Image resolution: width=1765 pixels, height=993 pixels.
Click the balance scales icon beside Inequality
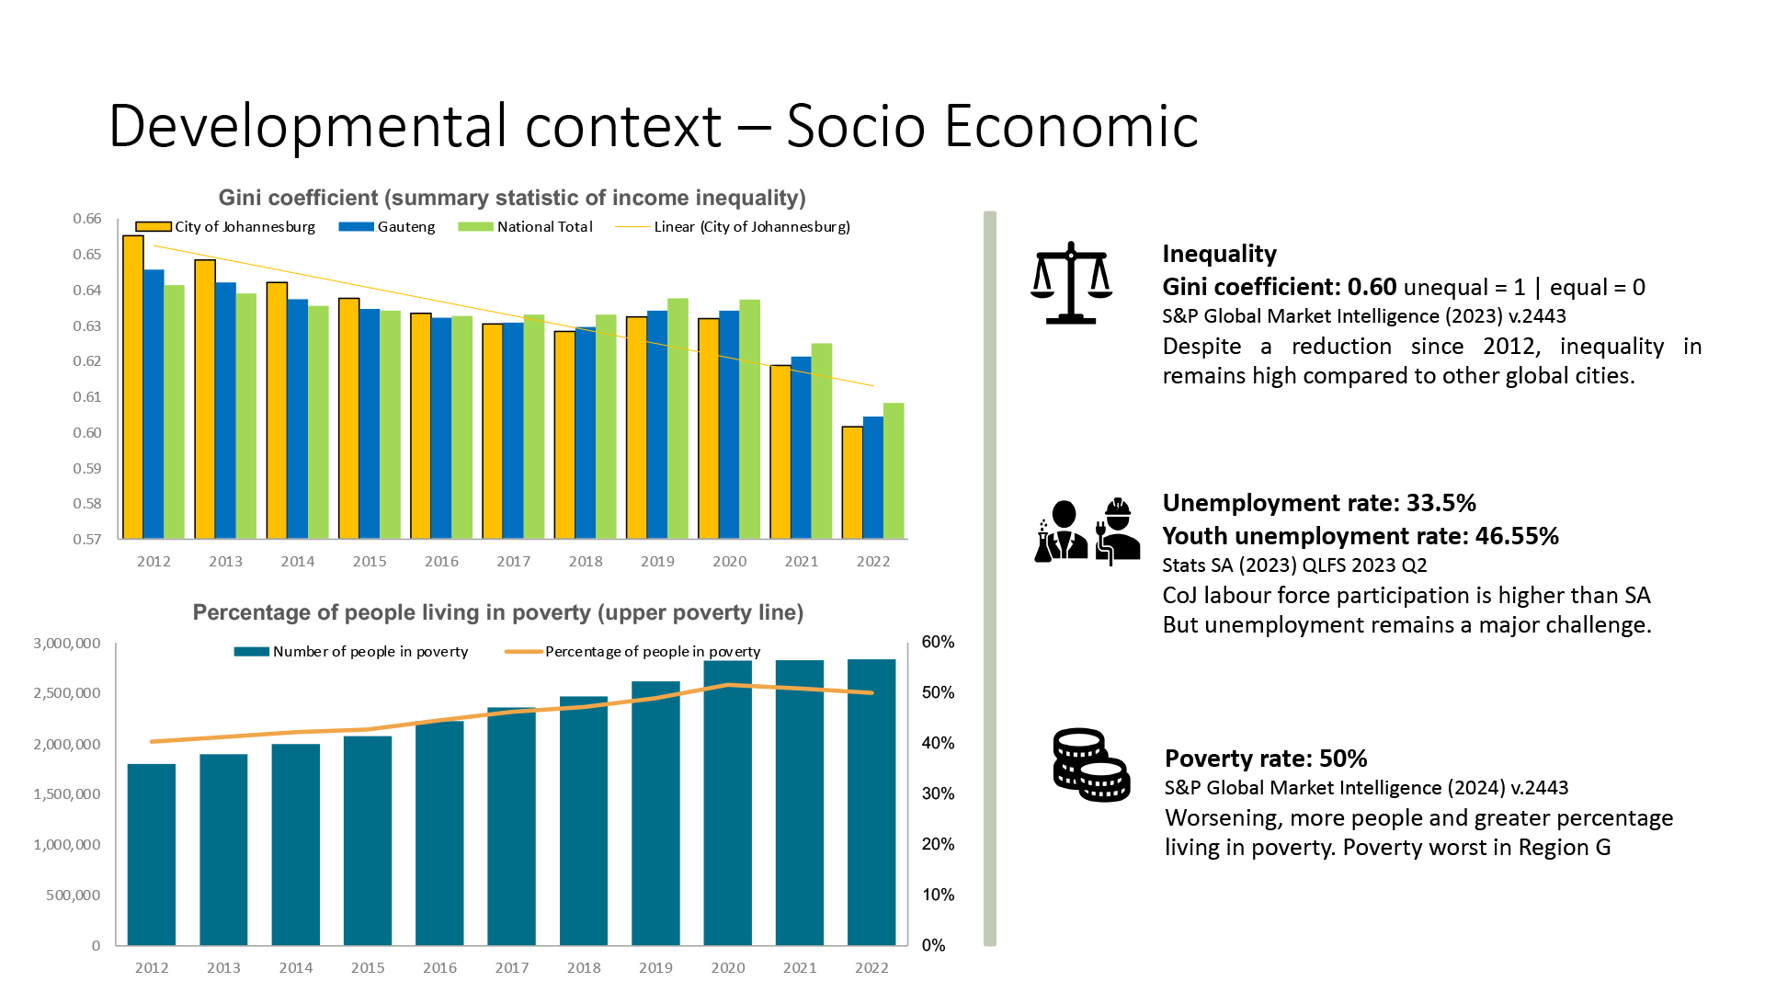(x=1071, y=283)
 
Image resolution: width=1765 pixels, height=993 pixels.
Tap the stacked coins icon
(x=1090, y=765)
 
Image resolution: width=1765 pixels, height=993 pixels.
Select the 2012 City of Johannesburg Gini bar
(x=133, y=386)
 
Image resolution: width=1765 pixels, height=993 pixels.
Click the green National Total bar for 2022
(x=894, y=471)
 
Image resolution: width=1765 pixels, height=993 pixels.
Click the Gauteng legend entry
(x=387, y=227)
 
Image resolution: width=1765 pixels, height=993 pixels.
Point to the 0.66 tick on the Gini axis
(x=87, y=219)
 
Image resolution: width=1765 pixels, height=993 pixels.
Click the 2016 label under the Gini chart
(x=441, y=562)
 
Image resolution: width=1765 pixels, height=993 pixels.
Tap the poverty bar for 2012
(x=152, y=854)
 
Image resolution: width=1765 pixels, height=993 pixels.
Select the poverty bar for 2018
(x=584, y=820)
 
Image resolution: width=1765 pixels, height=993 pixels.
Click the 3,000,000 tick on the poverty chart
(x=67, y=644)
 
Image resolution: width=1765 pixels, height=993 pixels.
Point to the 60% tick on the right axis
(x=938, y=643)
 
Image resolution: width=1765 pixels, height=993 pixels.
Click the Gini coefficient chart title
(x=512, y=198)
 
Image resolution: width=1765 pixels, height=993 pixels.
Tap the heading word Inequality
(x=1219, y=254)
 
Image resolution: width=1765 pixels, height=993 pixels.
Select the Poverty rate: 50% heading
(x=1266, y=759)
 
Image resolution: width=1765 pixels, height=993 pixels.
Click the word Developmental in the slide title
(x=308, y=126)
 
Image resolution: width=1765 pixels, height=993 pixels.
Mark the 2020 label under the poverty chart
(x=728, y=968)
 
